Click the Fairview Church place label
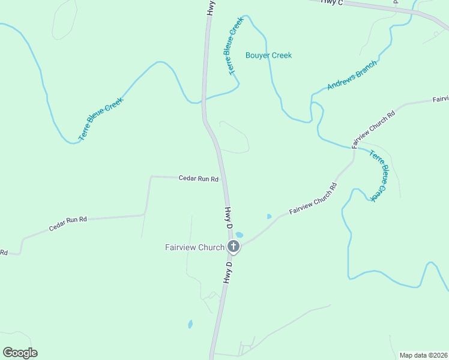pos(194,247)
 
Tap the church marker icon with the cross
pos(233,246)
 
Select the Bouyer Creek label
pos(268,55)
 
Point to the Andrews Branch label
pos(352,75)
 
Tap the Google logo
pos(20,353)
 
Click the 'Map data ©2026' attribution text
pos(423,355)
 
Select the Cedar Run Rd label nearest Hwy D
pos(198,178)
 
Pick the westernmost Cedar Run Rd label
pos(68,223)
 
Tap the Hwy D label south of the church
pos(228,272)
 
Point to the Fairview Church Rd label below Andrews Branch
pos(373,129)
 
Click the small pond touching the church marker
pos(240,235)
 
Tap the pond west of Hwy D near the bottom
pos(190,325)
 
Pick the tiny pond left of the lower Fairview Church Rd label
pos(268,216)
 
